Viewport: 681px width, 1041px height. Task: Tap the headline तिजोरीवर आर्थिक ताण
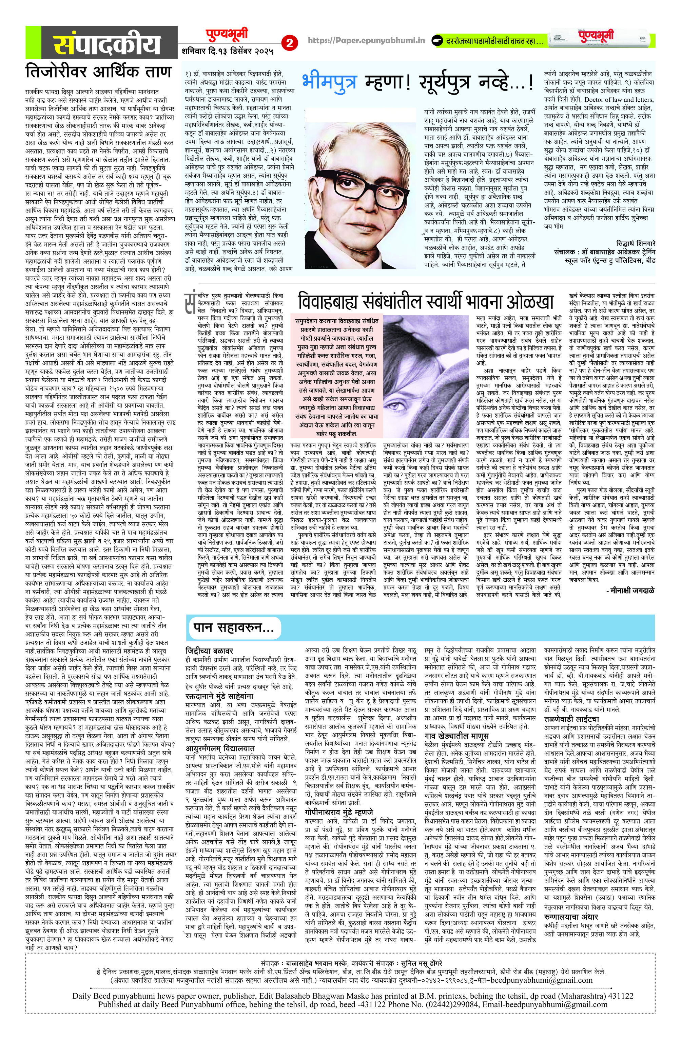click(x=98, y=72)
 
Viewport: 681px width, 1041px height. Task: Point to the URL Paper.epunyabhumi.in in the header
click(x=366, y=40)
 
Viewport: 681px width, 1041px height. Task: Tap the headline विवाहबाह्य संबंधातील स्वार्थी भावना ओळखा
click(x=425, y=302)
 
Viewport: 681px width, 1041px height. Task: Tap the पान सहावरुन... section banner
click(x=234, y=628)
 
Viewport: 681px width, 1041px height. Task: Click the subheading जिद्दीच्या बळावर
click(x=210, y=651)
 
